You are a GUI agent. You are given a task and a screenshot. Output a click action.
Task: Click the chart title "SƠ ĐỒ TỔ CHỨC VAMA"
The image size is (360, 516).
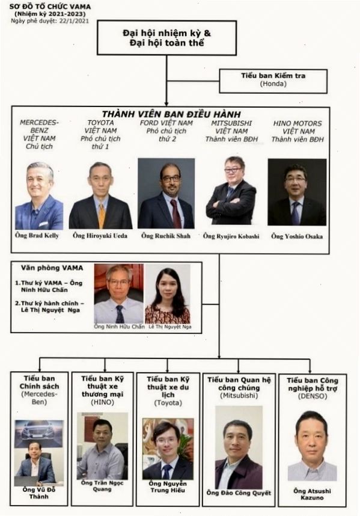click(50, 7)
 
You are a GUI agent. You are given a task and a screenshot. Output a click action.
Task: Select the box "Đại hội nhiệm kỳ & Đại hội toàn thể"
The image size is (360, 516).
click(166, 38)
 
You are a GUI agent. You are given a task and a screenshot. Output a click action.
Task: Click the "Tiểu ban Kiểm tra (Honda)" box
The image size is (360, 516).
click(273, 81)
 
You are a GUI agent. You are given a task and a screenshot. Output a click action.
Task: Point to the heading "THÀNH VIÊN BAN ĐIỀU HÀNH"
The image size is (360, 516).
click(171, 114)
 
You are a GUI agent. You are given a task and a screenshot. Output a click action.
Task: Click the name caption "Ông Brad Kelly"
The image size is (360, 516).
click(37, 235)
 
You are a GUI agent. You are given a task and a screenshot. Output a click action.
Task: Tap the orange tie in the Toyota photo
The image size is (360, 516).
click(102, 215)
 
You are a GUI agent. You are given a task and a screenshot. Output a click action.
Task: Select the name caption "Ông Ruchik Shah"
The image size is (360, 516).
click(166, 236)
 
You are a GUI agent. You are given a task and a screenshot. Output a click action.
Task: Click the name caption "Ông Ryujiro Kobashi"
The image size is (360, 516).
click(231, 236)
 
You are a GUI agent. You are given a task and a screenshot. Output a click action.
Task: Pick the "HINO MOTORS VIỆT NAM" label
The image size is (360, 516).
click(297, 127)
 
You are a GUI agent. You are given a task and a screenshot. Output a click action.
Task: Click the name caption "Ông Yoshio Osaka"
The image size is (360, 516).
click(297, 236)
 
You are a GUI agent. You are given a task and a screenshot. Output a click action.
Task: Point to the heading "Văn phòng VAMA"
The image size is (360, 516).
click(52, 268)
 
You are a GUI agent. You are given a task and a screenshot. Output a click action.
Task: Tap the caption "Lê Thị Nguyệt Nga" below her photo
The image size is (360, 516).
click(170, 327)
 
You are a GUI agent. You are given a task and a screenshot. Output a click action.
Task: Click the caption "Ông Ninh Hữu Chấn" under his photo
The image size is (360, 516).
click(119, 327)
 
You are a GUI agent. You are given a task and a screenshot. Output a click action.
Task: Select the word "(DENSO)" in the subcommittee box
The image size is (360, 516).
click(313, 396)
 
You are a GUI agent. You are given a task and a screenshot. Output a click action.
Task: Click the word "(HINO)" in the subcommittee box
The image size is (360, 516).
click(102, 402)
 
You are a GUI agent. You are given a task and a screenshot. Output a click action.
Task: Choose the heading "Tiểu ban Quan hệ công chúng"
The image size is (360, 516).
click(239, 384)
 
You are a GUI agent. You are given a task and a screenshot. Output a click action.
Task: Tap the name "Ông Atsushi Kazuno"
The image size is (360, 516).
click(312, 494)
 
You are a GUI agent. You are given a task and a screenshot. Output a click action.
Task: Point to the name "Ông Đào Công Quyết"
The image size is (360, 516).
click(239, 493)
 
